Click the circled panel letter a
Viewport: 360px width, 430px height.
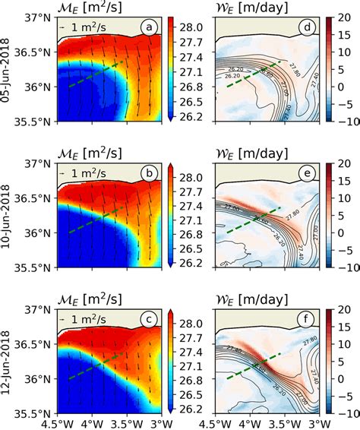[151, 29]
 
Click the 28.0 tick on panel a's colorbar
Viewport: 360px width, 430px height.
[191, 27]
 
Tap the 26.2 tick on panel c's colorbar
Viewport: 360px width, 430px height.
[191, 407]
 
